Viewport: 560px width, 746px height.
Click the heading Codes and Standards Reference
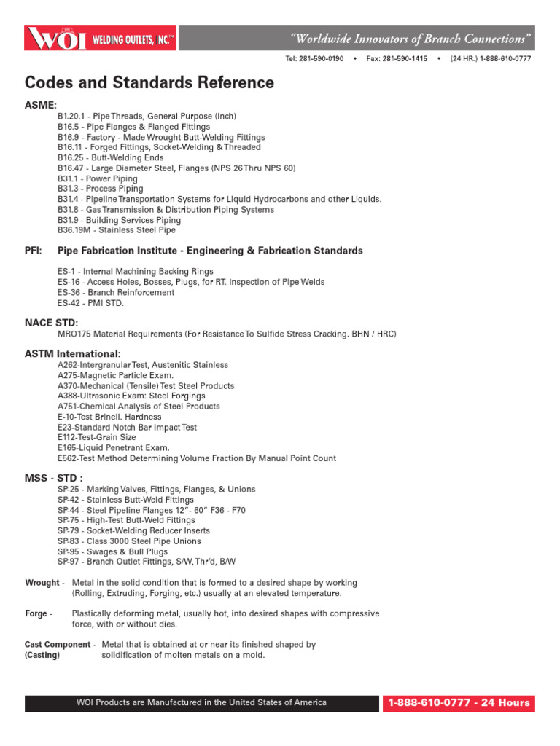149,83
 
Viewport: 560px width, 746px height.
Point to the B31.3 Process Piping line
101,189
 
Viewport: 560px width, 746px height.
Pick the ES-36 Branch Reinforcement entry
116,292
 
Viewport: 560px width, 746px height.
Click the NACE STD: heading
51,323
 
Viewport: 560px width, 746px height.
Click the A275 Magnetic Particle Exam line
116,375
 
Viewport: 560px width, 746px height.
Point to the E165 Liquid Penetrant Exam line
114,447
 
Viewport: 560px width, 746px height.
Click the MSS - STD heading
54,478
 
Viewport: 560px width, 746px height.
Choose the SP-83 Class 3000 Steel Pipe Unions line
129,541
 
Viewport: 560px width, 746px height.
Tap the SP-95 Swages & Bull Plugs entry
112,551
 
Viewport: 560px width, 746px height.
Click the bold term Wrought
42,583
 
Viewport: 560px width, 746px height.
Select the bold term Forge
36,613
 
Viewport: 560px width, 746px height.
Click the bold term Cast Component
58,644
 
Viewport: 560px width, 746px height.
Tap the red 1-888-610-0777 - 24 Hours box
459,703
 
